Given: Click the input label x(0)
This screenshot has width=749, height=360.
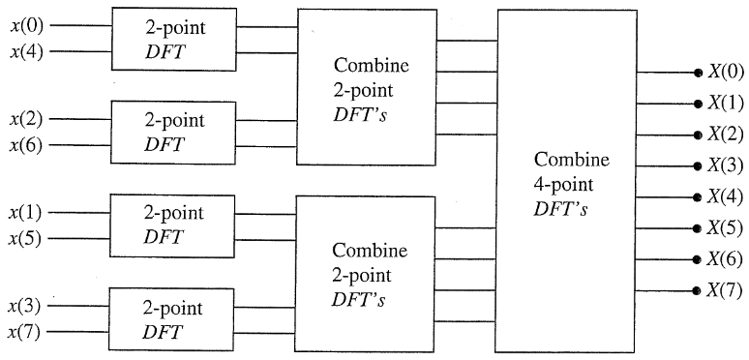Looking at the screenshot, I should click(26, 25).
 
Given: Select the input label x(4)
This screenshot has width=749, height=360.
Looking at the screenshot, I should click(26, 52).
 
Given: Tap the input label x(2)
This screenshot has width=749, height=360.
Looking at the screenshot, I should click(26, 120).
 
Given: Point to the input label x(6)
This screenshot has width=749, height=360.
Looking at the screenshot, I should click(26, 146).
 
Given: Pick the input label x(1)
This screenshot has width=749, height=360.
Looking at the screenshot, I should click(26, 211).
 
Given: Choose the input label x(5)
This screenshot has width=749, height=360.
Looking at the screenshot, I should click(26, 238).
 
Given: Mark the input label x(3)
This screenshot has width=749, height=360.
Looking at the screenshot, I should click(26, 306).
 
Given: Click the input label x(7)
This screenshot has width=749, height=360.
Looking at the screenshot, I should click(26, 333).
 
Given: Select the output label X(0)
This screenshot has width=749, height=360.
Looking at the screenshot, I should click(726, 71).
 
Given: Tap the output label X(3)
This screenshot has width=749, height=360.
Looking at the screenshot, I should click(726, 165).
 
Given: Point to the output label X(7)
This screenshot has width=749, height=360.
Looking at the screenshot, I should click(726, 289).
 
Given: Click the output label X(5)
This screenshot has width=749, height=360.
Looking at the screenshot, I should click(726, 227).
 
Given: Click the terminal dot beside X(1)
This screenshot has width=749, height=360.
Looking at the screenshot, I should click(697, 103).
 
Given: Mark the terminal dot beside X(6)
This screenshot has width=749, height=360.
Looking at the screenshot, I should click(697, 259).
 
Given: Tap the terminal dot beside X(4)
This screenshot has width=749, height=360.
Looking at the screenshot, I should click(697, 196).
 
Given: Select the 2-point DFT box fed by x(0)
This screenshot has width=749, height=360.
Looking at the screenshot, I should click(173, 39).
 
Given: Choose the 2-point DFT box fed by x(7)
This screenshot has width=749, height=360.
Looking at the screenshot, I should click(173, 319).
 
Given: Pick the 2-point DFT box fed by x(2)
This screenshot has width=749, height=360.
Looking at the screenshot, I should click(173, 133).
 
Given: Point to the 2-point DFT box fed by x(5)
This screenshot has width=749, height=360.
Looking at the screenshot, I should click(173, 225).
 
